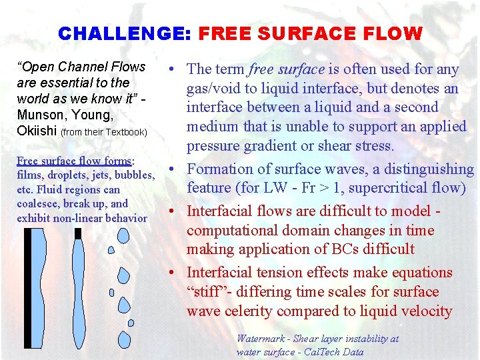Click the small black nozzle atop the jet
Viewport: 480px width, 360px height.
78,233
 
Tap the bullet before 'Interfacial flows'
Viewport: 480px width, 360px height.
171,211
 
